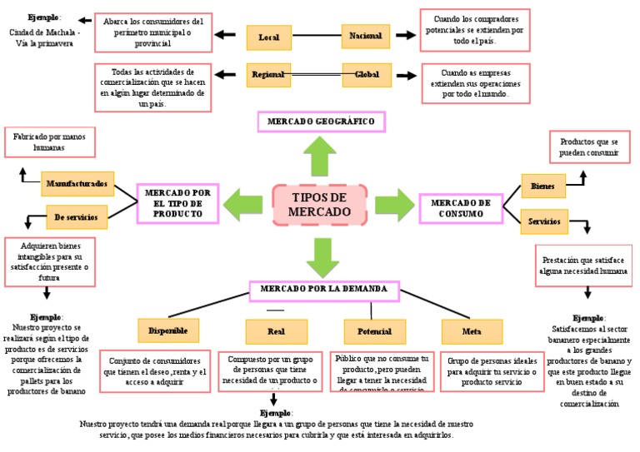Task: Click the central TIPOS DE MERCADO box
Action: click(x=319, y=205)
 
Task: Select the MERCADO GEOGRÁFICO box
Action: click(x=321, y=122)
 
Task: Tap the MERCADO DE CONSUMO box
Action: click(x=461, y=206)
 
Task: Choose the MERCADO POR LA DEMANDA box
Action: click(x=324, y=290)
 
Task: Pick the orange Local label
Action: click(x=269, y=37)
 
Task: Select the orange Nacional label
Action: click(x=366, y=36)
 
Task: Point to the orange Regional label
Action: click(x=269, y=75)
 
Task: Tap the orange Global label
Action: click(x=367, y=75)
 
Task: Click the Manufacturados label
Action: click(x=77, y=183)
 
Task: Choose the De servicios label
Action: click(x=77, y=217)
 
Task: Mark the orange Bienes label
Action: click(x=543, y=186)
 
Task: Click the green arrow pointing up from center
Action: click(x=320, y=156)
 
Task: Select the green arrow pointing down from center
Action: click(x=321, y=255)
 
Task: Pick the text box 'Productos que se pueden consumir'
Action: click(x=589, y=147)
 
